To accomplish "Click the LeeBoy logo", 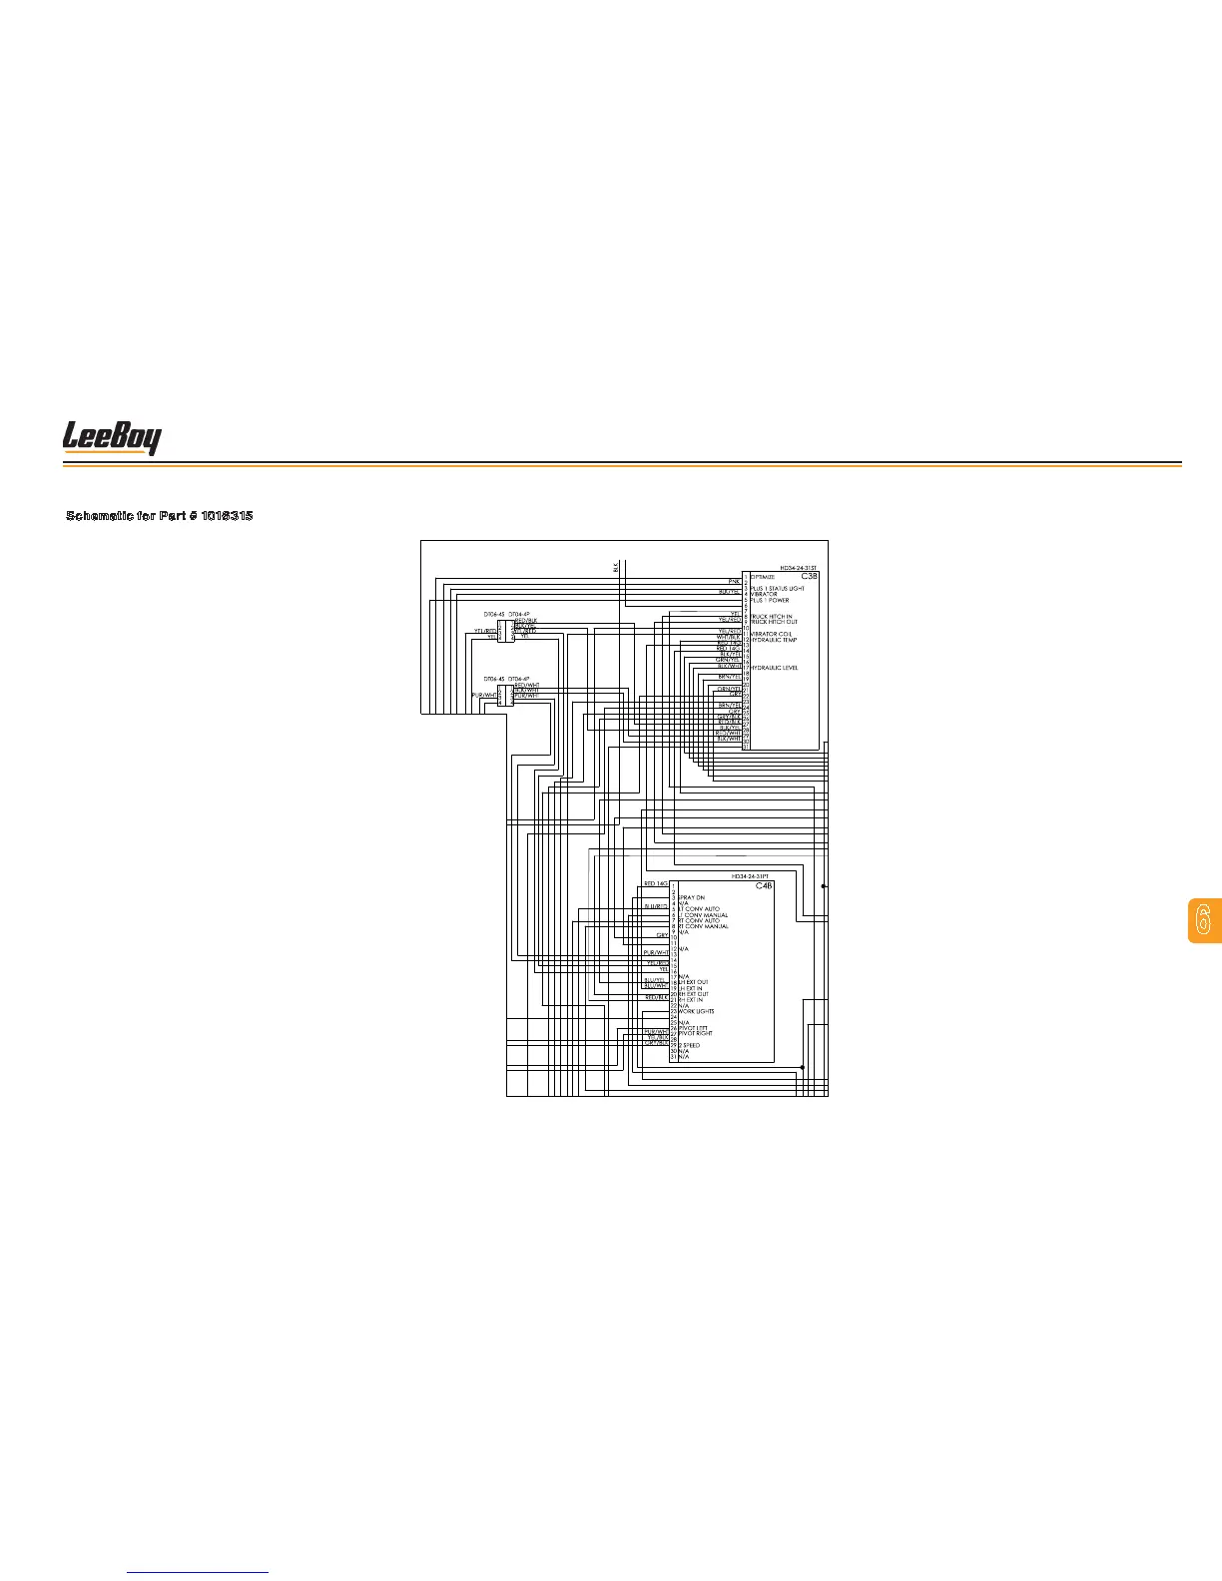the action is pos(112,438).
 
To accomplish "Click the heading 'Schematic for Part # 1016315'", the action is pos(159,516).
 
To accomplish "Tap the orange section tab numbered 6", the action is pos(1203,920).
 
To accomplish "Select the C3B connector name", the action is pos(809,577).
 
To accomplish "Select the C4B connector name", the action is pos(764,885).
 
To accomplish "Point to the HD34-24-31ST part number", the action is pos(798,567).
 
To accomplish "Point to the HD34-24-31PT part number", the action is pos(750,875).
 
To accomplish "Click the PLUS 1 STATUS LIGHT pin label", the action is pos(777,589).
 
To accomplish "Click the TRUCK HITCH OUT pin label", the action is pos(774,623).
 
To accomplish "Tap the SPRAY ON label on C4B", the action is pos(692,898).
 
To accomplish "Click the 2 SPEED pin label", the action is pos(689,1045).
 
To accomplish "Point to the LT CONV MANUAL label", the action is pos(703,915).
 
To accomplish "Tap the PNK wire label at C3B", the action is pos(734,580).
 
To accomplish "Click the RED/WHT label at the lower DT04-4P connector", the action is pos(526,685).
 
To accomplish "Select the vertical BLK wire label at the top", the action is pos(617,566).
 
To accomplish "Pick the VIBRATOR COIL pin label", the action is pos(772,634).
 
